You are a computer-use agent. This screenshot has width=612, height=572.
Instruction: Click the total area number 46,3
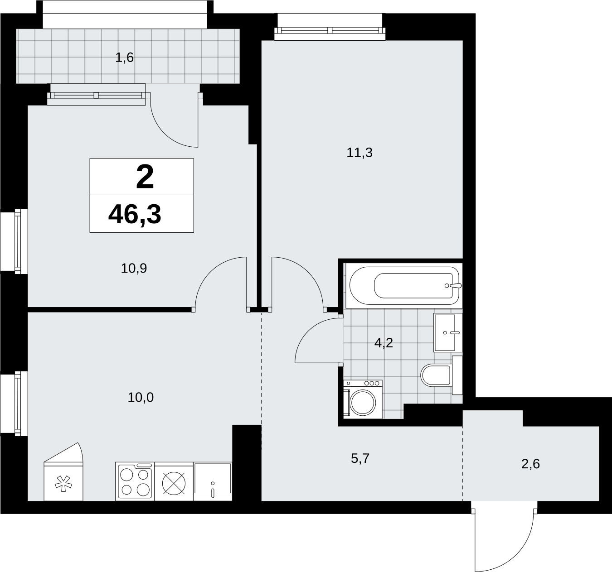[135, 215]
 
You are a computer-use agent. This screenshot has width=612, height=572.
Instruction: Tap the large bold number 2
[145, 177]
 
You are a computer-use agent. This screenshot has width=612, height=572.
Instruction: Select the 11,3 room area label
[359, 153]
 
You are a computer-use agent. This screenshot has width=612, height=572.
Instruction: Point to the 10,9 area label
[134, 269]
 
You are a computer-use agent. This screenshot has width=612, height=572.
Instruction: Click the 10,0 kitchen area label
[141, 398]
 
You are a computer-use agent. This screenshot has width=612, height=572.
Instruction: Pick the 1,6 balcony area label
[125, 58]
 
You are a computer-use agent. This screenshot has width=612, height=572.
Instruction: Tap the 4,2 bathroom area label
[384, 343]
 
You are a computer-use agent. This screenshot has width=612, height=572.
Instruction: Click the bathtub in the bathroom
[404, 285]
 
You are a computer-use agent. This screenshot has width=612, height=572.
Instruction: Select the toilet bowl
[436, 375]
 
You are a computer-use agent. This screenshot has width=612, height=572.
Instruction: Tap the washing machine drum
[363, 402]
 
